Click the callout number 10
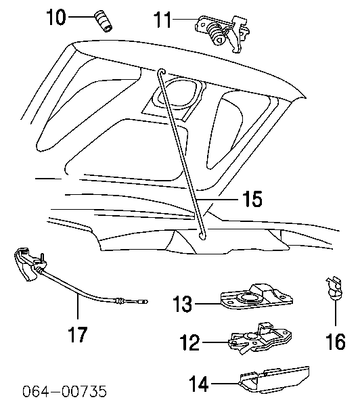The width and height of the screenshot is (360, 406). tap(55, 17)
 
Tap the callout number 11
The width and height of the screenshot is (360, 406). tap(162, 19)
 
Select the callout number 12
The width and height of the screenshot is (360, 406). tap(190, 342)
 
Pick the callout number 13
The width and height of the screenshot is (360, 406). tap(183, 303)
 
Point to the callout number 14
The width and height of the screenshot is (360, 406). tap(199, 384)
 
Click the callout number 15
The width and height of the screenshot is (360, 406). tap(252, 199)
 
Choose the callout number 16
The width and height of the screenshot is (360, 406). tap(336, 341)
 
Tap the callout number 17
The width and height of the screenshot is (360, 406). tap(78, 334)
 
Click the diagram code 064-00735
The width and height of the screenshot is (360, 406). tap(64, 391)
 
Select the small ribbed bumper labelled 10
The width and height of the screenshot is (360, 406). tap(103, 21)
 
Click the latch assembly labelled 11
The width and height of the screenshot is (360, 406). tap(222, 34)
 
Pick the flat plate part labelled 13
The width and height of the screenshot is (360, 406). tap(256, 296)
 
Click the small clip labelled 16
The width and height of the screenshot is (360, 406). tap(334, 288)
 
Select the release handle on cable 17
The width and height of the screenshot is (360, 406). tap(26, 264)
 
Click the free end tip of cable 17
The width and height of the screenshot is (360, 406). tap(146, 302)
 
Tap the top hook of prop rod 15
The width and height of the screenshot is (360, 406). tap(162, 72)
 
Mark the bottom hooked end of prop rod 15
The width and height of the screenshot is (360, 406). tap(201, 235)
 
